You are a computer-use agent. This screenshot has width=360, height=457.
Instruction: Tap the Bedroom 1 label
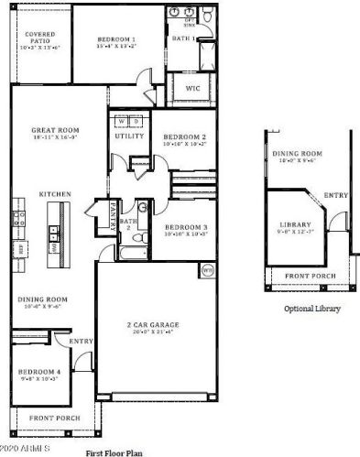[116, 39]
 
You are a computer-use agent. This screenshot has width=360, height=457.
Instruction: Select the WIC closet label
[192, 89]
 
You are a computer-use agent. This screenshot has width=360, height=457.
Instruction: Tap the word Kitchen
[55, 195]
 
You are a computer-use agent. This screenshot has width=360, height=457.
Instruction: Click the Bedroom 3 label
[186, 226]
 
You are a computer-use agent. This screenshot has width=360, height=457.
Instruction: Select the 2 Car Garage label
[153, 324]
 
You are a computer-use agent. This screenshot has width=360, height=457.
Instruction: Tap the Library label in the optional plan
[295, 225]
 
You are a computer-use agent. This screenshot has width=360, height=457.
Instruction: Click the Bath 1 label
[184, 39]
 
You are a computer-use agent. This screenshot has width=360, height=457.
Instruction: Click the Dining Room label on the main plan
[43, 299]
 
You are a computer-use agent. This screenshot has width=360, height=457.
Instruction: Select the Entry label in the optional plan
[336, 194]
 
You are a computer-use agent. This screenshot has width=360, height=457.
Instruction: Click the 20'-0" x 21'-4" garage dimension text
[153, 332]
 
